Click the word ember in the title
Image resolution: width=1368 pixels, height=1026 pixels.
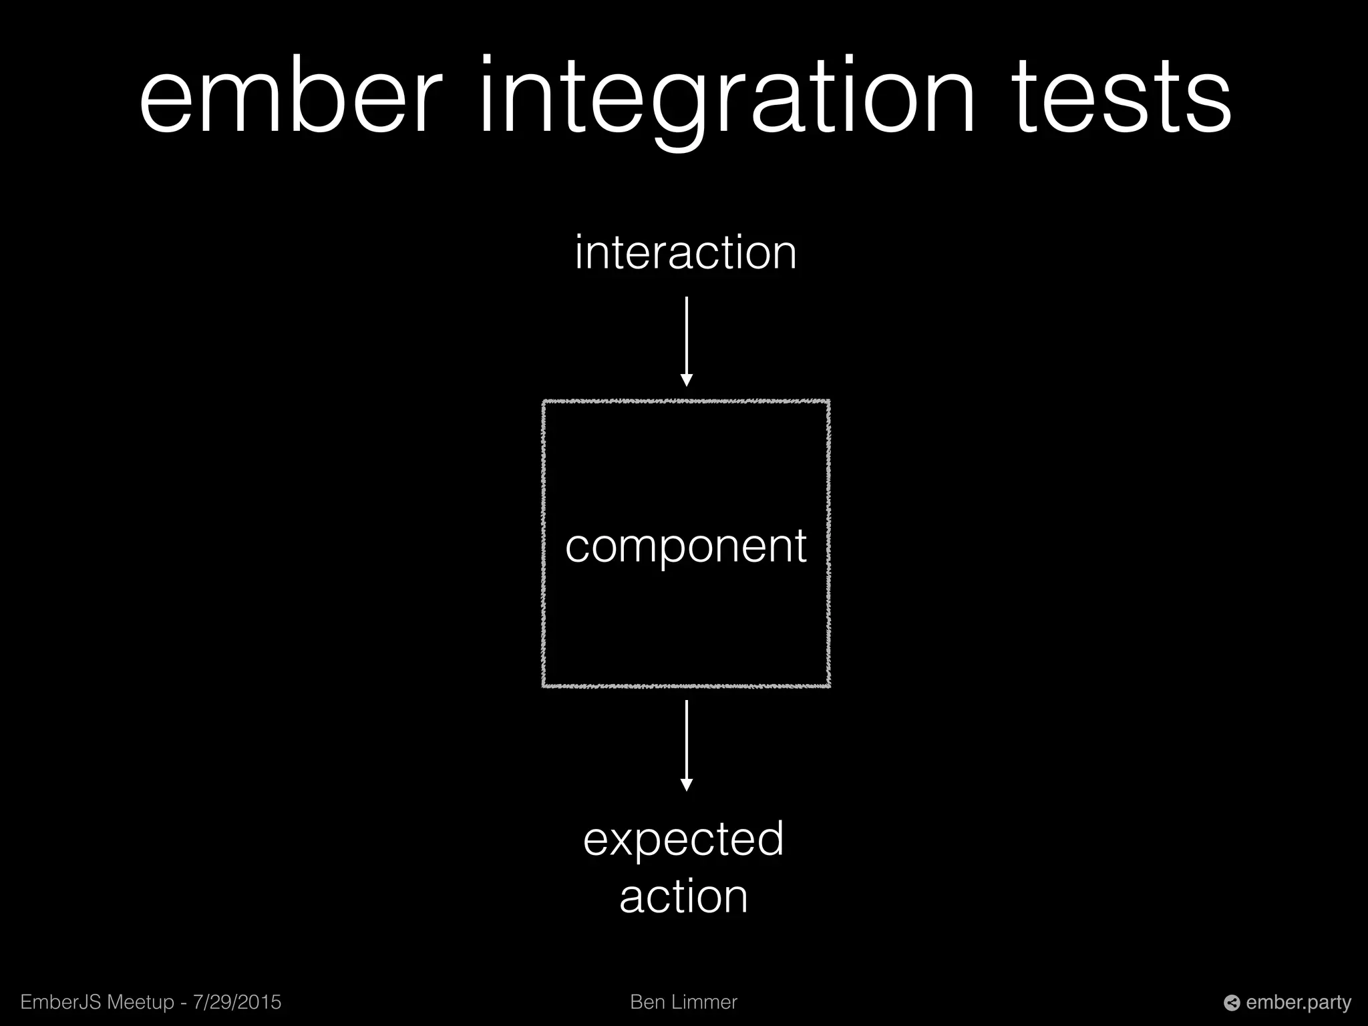(x=291, y=97)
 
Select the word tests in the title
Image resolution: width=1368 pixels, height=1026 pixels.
(x=1122, y=97)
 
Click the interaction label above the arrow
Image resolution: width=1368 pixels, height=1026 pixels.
(x=685, y=253)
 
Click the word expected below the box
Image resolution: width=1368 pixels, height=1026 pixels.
(x=683, y=840)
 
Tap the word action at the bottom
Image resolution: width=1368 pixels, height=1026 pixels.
(x=683, y=897)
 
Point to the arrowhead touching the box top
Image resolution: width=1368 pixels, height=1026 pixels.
(x=686, y=381)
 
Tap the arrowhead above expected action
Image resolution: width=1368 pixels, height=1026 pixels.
(x=686, y=785)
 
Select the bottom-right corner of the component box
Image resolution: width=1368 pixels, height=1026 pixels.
(x=828, y=685)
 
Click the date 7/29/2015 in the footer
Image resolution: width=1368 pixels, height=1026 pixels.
(x=237, y=1003)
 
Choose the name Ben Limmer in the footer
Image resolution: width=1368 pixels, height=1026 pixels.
(x=683, y=1003)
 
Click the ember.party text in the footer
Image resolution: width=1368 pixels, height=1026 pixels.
(x=1299, y=1003)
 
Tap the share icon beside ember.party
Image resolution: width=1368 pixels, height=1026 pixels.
(x=1232, y=1003)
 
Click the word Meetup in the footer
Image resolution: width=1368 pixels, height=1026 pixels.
(x=141, y=1003)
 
